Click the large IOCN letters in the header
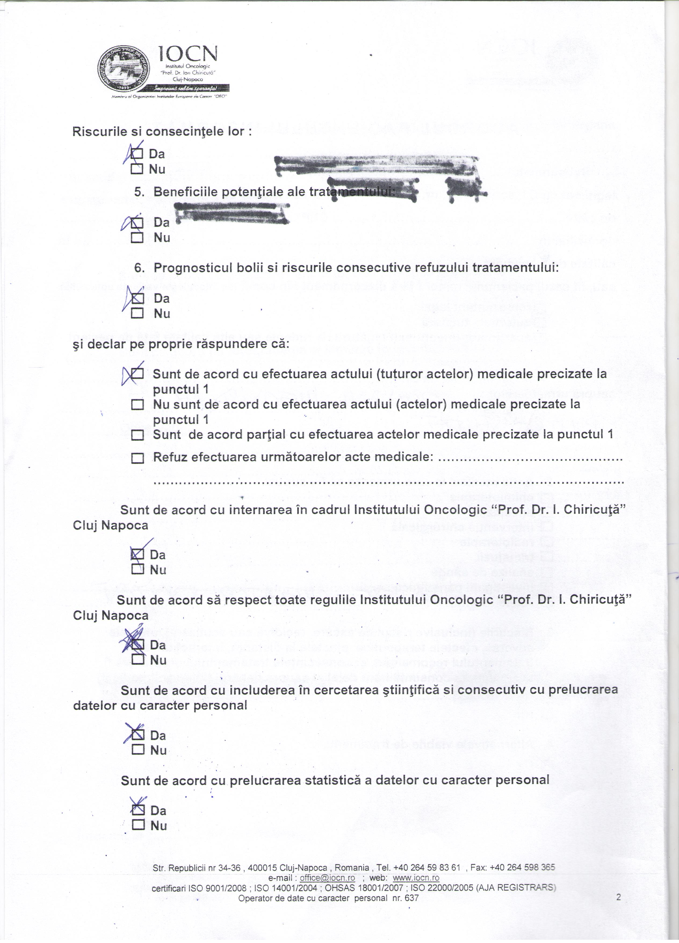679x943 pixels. (188, 54)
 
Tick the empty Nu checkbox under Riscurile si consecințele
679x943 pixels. (137, 169)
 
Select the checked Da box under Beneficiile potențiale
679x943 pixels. (137, 223)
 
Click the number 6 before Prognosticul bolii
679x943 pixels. (140, 268)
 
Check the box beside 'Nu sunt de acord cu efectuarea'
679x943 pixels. (137, 405)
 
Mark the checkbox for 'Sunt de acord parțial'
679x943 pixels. (137, 435)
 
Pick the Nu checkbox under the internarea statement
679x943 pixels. (137, 570)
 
